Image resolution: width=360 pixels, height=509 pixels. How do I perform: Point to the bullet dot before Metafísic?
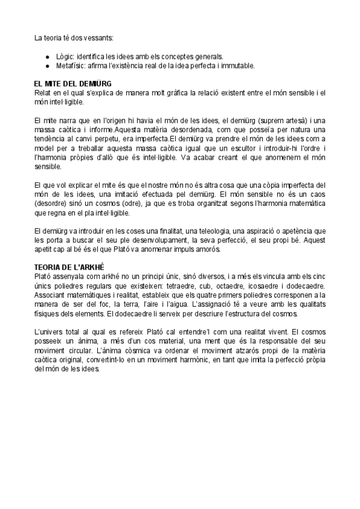click(x=47, y=65)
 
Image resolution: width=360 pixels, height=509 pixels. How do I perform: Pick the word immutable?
click(x=238, y=65)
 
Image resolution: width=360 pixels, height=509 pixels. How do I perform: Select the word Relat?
click(x=44, y=92)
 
